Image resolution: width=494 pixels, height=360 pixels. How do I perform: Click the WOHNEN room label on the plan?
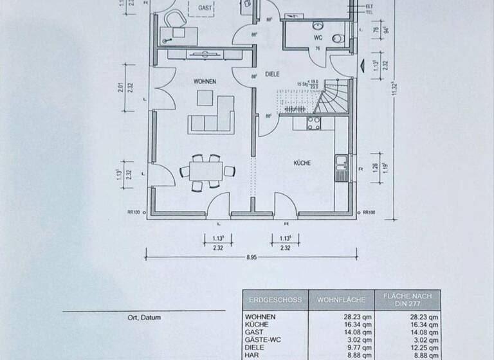tap(205, 82)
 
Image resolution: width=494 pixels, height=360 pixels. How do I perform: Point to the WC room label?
tap(317, 38)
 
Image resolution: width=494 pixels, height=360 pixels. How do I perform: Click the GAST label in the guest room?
tap(205, 7)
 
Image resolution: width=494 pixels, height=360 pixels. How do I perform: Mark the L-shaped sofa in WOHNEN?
tap(214, 116)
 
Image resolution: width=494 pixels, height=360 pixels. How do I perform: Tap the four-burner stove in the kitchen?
tap(314, 123)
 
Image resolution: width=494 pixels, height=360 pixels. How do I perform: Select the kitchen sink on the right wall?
tap(341, 166)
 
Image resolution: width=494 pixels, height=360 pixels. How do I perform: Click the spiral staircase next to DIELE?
tap(334, 100)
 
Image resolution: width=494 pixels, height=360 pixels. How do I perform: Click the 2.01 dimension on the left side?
tap(122, 87)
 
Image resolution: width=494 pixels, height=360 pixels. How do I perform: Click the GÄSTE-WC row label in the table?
tap(263, 334)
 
